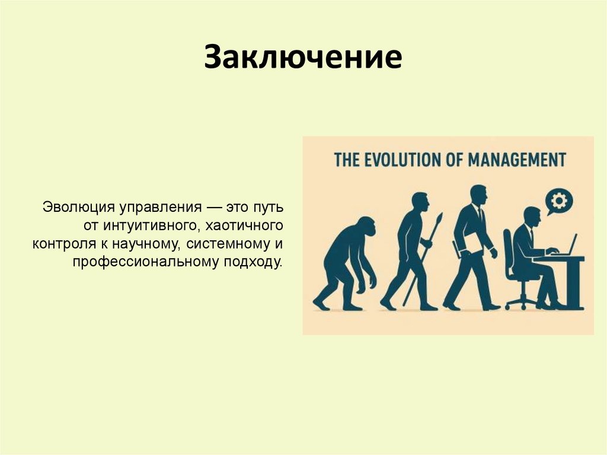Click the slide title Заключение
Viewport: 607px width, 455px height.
[303, 59]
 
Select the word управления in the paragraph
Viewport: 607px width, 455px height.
[156, 208]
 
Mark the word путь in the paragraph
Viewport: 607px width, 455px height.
[269, 208]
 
